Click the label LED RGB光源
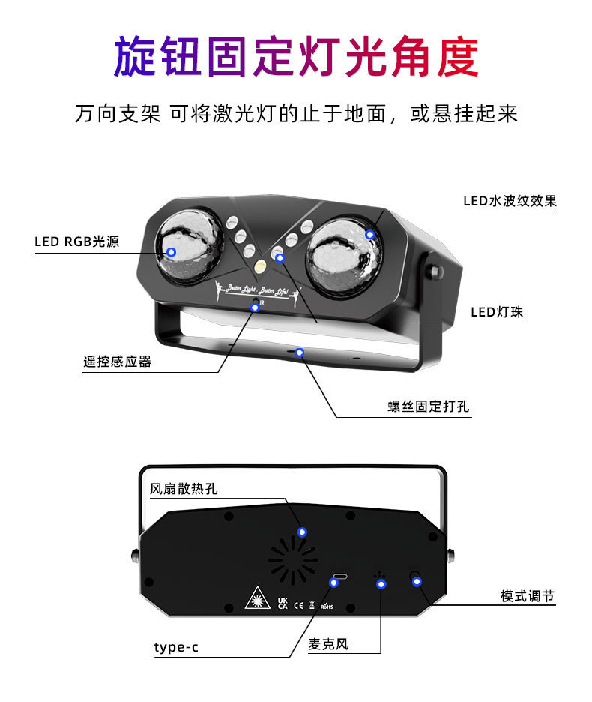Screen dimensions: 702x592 (76, 242)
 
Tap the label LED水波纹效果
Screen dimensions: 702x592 (509, 201)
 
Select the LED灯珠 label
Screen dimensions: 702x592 (496, 313)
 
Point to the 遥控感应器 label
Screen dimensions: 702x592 (117, 361)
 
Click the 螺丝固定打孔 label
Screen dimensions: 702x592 (428, 407)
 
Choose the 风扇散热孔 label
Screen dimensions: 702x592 (184, 489)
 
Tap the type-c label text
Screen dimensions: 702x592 (176, 647)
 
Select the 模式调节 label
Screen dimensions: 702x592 (528, 596)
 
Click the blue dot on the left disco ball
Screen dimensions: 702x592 (171, 252)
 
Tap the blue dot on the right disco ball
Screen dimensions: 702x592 (369, 234)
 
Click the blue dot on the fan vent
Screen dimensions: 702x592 (302, 532)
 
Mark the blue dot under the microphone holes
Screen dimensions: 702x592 (381, 583)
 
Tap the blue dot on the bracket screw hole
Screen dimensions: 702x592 (300, 352)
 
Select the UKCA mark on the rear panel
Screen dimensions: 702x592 (282, 603)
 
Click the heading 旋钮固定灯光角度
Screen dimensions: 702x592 (295, 57)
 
